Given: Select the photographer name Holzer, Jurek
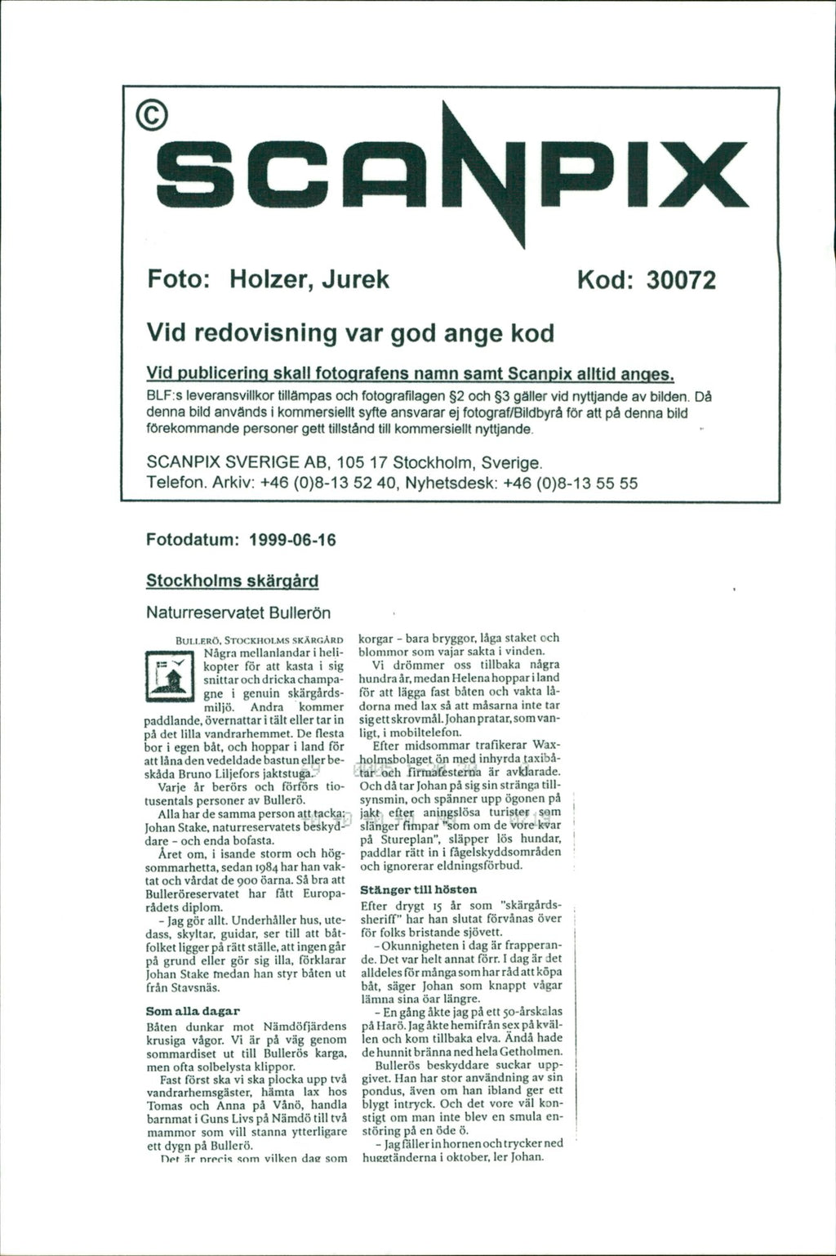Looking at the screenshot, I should pos(310,280).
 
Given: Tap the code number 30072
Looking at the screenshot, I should pos(681,280).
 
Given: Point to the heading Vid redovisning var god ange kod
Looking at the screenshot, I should pos(349,333).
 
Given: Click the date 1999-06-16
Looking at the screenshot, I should pos(292,541).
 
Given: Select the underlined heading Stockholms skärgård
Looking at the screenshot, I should pos(231,581).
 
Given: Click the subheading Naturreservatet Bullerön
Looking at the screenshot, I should pos(238,611).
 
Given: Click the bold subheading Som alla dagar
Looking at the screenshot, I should pos(192,1011).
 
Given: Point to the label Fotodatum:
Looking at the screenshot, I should pos(192,541).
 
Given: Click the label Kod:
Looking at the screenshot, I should pos(607,280).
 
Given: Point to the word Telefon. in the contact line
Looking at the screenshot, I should pos(176,483).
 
